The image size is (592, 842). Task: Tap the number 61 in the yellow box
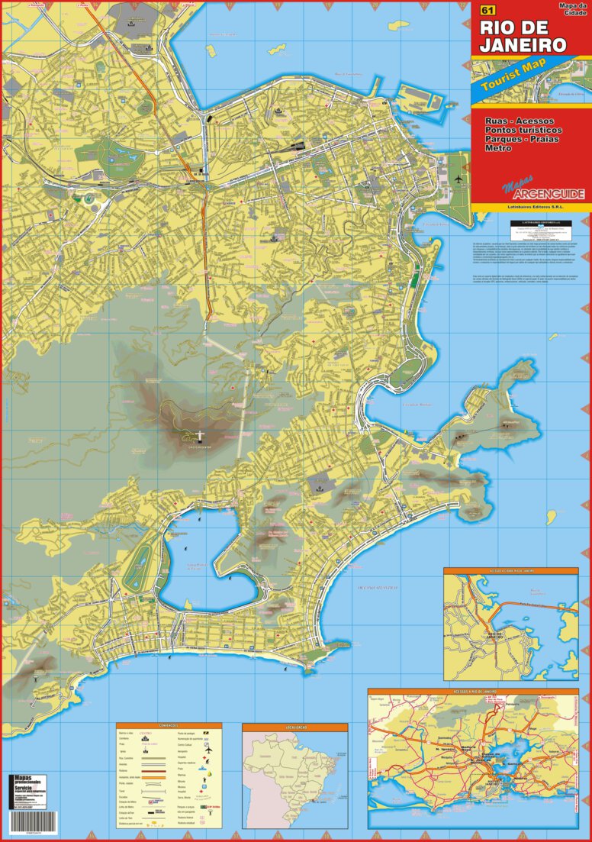486,11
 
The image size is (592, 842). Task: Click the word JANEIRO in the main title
523,45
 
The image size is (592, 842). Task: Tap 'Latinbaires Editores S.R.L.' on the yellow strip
530,207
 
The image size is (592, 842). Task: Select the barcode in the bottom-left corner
26,831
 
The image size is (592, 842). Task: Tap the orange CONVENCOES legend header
169,726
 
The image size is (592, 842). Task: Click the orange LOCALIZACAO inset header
295,727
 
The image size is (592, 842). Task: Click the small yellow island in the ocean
309,673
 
